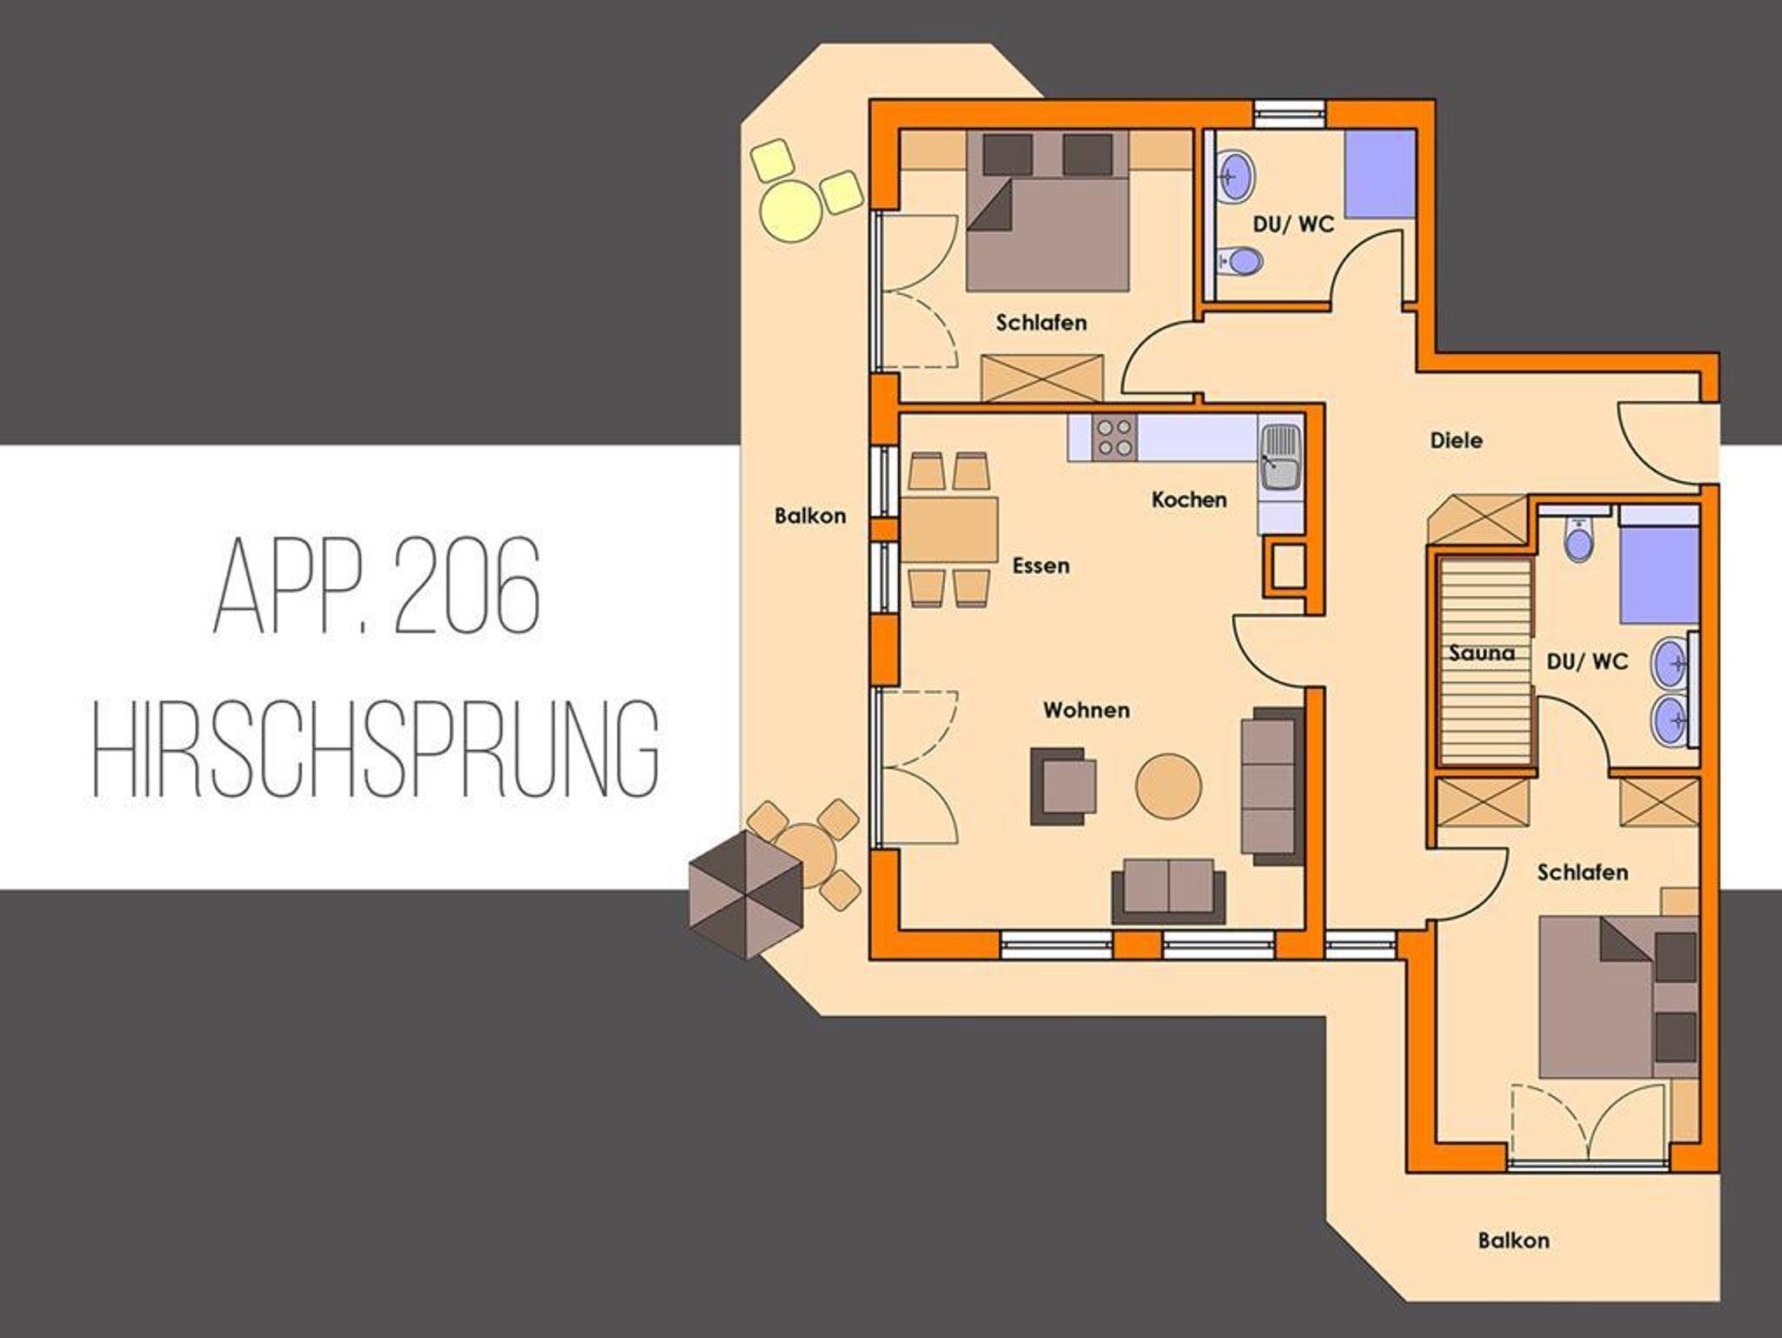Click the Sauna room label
(1481, 652)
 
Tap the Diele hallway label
(1457, 440)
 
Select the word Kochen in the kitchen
(1189, 499)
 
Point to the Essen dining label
(1041, 565)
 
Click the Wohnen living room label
(1087, 710)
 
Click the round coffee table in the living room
(1169, 786)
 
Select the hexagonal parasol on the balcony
(745, 894)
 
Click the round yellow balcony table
(790, 209)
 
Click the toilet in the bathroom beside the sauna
(1578, 540)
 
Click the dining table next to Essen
(949, 529)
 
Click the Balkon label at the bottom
(1513, 1240)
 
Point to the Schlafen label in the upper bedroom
(1042, 323)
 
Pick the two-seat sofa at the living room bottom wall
(1169, 891)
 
